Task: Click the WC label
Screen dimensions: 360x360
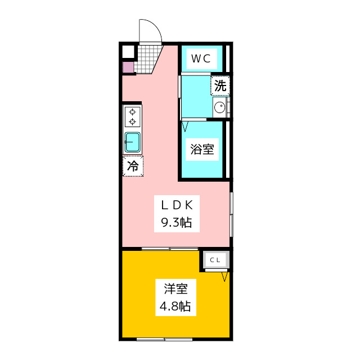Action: [x=201, y=58]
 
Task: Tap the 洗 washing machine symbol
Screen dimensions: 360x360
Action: [x=220, y=85]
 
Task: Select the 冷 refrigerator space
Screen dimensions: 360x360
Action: [x=133, y=166]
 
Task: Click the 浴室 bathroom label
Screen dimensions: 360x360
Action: [x=202, y=150]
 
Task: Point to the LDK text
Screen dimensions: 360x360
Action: [x=177, y=205]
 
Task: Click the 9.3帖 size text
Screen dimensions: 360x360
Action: [x=176, y=223]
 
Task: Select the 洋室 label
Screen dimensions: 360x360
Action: [x=176, y=289]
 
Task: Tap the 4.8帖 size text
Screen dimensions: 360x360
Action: [x=175, y=306]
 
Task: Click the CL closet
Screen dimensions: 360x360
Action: [x=215, y=260]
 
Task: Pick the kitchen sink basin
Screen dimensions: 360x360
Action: [x=133, y=142]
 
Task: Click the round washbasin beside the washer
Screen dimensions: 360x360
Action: [x=220, y=107]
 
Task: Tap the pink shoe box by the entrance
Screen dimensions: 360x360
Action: [x=128, y=67]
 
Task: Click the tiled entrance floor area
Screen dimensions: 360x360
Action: [x=147, y=59]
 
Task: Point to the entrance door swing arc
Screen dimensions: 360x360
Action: [x=155, y=26]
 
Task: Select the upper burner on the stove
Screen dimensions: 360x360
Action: [x=133, y=112]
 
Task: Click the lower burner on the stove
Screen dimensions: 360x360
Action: [x=133, y=121]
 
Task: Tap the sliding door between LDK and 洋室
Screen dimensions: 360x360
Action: [x=170, y=249]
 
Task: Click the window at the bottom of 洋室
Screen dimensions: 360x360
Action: [x=164, y=339]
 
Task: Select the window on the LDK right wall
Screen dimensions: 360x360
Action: [x=231, y=214]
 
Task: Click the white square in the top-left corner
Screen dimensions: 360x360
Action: [x=128, y=52]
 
